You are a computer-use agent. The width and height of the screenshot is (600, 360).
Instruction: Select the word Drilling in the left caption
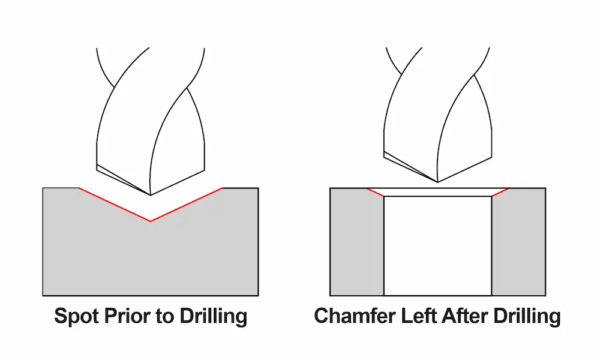214,316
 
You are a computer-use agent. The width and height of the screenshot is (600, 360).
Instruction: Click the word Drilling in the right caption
527,316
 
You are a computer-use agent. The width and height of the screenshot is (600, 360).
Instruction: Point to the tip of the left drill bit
151,195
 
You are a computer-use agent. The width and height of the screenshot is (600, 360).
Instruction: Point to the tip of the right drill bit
438,182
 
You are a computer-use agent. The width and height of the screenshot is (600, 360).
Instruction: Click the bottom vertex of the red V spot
151,221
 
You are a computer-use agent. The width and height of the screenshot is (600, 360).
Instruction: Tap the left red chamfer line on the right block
376,192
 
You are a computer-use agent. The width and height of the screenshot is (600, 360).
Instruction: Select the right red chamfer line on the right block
500,192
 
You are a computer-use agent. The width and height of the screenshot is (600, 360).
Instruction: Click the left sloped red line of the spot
115,204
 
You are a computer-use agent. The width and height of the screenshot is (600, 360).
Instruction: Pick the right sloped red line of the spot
187,204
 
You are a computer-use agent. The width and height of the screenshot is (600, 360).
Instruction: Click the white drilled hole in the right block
438,245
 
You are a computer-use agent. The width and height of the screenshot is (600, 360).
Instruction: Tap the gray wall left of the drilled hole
356,245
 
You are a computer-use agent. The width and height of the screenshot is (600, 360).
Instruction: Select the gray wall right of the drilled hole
518,245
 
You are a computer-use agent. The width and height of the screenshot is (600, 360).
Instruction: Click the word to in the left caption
166,316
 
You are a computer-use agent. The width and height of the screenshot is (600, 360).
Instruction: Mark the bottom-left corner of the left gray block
43,296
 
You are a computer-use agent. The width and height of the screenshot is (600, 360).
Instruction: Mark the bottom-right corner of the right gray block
545,296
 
